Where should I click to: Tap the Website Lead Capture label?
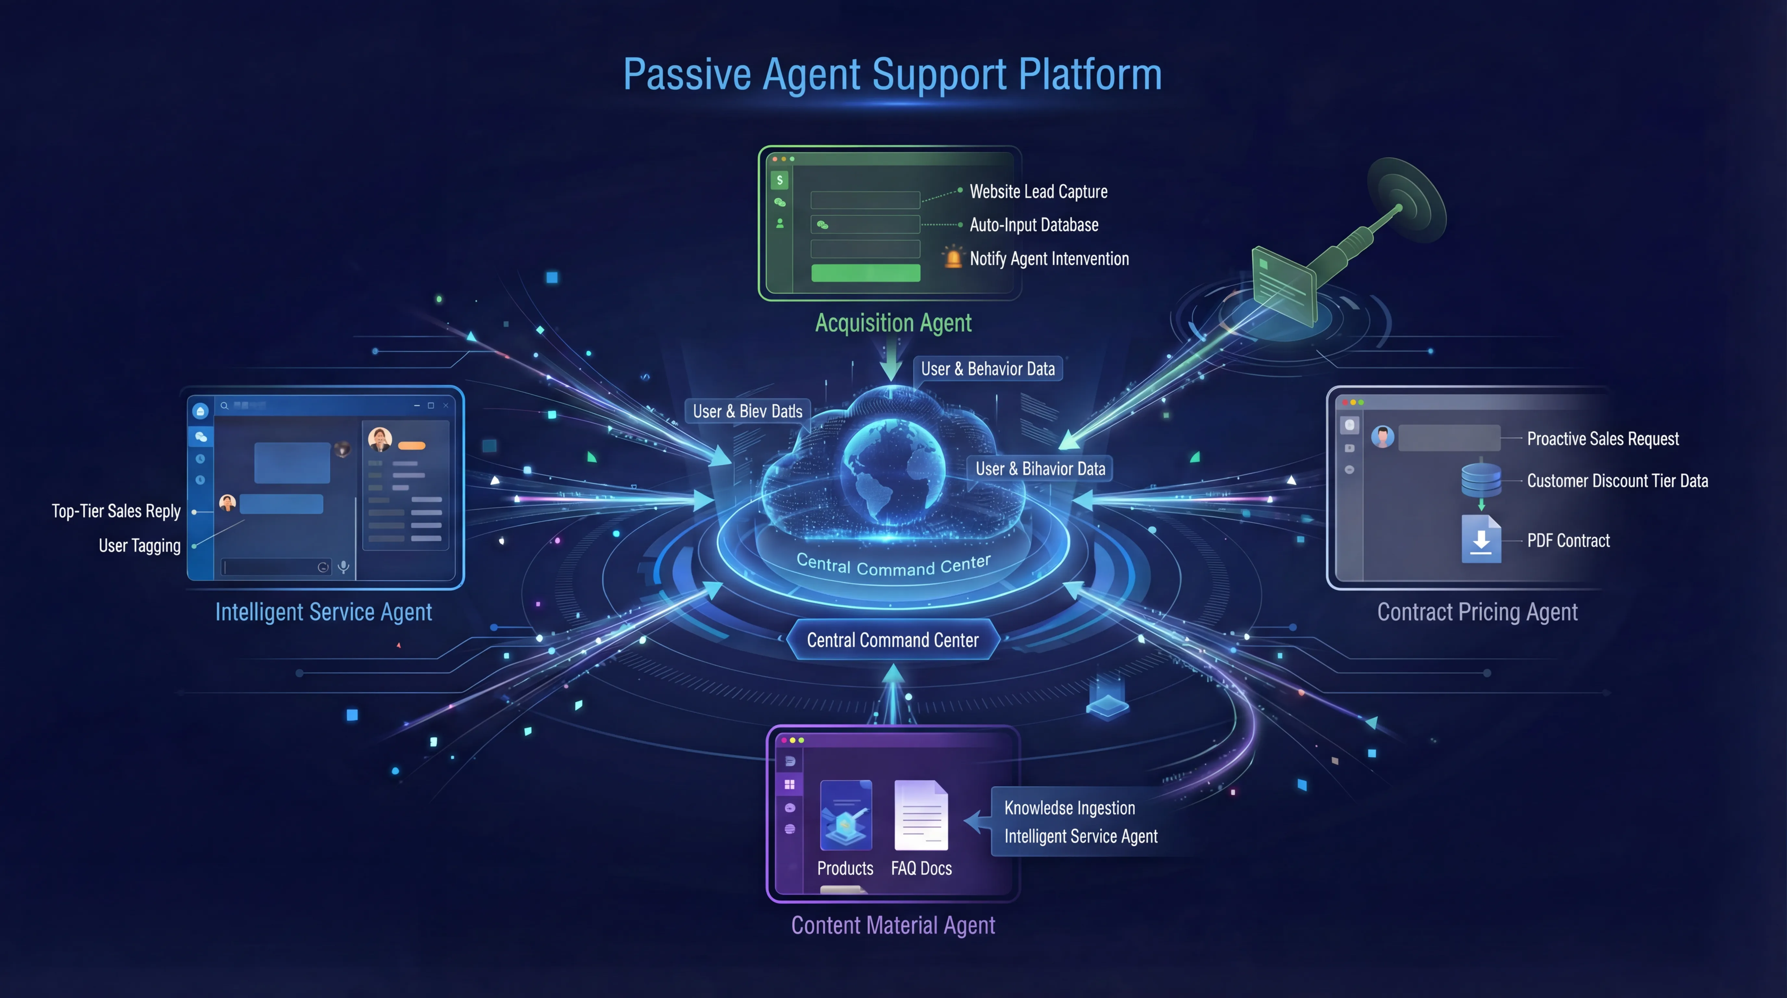tap(1038, 192)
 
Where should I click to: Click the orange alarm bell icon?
tap(953, 258)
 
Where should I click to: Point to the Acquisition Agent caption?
tap(893, 323)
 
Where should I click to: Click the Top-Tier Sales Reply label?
tap(116, 511)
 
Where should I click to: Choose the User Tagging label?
tap(139, 546)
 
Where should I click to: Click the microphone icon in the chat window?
tap(344, 567)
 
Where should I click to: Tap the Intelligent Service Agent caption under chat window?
tap(323, 612)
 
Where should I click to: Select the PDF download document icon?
tap(1481, 539)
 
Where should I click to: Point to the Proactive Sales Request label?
tap(1603, 439)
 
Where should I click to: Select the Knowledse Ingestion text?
tap(1069, 808)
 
